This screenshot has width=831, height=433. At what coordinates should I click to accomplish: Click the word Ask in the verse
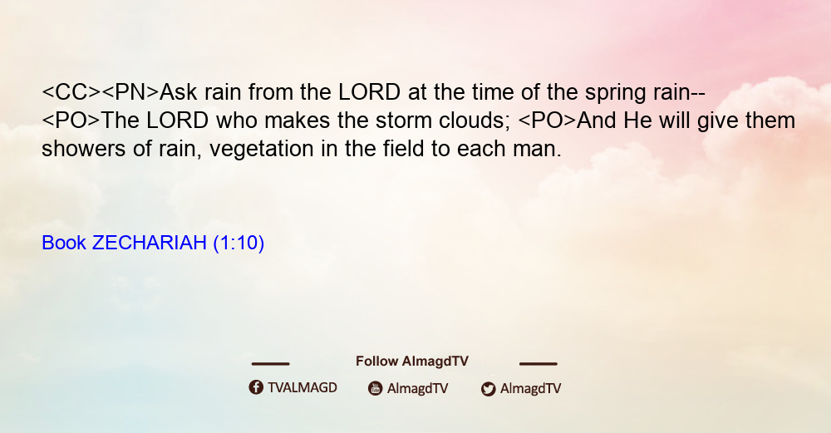coord(178,92)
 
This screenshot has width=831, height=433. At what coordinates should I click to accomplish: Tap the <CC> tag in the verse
coord(71,92)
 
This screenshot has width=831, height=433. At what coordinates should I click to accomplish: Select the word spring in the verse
coord(615,93)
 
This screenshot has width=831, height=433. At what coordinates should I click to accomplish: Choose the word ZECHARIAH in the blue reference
coord(150,243)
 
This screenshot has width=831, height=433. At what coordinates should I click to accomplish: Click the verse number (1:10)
coord(238,244)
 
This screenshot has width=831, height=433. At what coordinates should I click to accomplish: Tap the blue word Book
coord(64,243)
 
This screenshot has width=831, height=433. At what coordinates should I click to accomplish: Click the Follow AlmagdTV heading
coord(412,361)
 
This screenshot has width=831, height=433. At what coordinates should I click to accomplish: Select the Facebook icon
coord(256,387)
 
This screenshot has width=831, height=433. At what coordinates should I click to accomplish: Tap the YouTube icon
coord(376,388)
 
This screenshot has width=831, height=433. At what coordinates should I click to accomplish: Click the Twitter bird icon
coord(489,389)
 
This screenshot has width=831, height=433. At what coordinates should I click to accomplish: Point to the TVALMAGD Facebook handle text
coord(302,387)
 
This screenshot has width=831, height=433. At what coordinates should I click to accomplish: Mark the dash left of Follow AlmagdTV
coord(270,363)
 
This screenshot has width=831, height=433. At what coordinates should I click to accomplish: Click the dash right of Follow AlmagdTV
coord(538,363)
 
